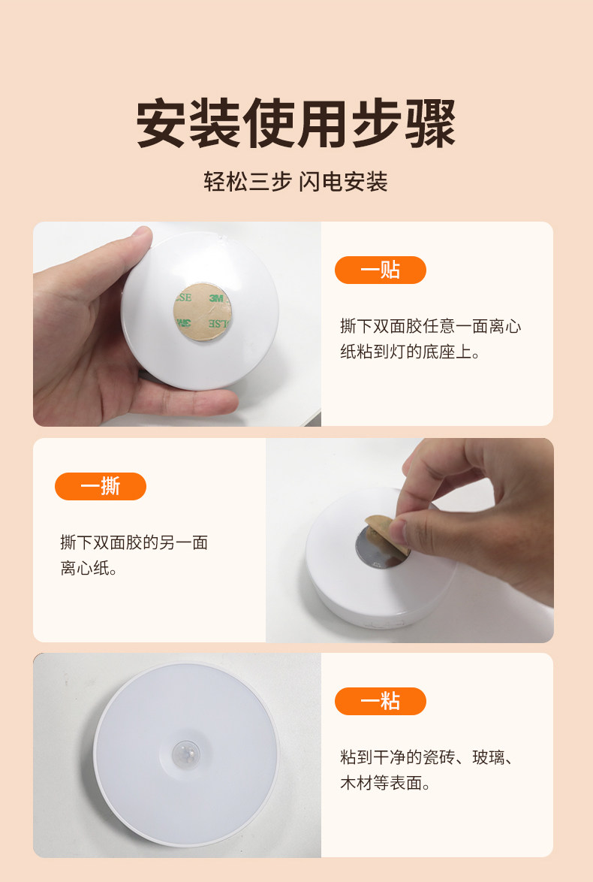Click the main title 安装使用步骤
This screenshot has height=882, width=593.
(x=296, y=123)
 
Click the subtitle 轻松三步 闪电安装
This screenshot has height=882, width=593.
(x=296, y=182)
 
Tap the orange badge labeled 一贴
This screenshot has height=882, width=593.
(x=380, y=270)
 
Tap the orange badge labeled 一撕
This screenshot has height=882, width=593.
(x=100, y=487)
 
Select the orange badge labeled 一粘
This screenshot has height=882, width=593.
(x=380, y=702)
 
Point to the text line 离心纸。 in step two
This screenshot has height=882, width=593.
(x=89, y=569)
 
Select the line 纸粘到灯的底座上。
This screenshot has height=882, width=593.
(x=410, y=352)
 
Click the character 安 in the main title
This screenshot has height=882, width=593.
(x=162, y=123)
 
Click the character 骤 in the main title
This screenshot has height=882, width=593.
(x=430, y=123)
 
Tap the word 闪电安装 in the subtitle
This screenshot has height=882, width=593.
(x=343, y=182)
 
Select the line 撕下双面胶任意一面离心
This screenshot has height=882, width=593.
(x=430, y=327)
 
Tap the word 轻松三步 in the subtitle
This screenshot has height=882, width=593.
(x=247, y=182)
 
